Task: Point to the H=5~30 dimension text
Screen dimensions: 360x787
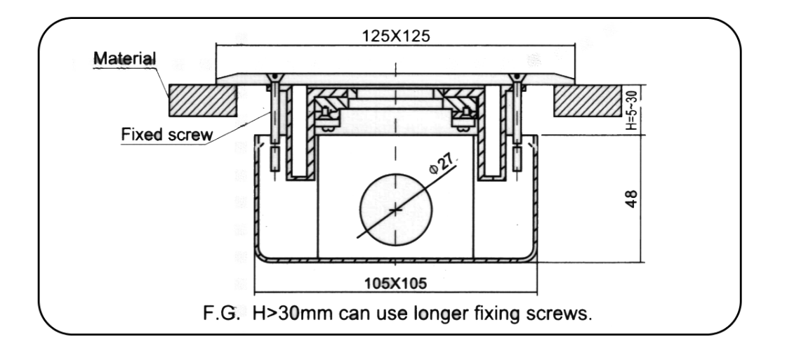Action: pos(631,109)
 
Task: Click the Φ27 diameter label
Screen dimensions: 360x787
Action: pos(441,164)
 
